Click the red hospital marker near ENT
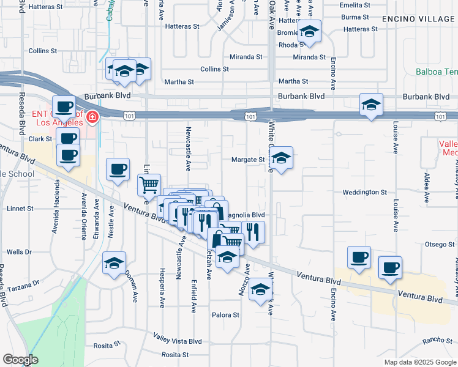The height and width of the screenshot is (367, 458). [x=92, y=116]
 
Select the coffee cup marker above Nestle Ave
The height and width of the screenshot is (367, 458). [x=118, y=169]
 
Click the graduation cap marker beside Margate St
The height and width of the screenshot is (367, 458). [x=281, y=158]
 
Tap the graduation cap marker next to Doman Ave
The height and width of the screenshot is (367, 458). [x=114, y=263]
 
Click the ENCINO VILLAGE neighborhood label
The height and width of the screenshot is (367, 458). [x=419, y=19]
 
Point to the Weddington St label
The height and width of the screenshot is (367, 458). [x=365, y=192]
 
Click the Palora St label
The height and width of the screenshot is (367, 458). [x=226, y=315]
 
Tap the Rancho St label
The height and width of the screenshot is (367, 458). [x=437, y=340]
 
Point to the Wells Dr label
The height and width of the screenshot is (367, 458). [x=19, y=252]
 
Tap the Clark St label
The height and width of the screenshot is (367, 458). [x=40, y=139]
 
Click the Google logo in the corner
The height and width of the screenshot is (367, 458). [x=20, y=360]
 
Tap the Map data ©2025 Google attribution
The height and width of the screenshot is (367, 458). [x=419, y=362]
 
